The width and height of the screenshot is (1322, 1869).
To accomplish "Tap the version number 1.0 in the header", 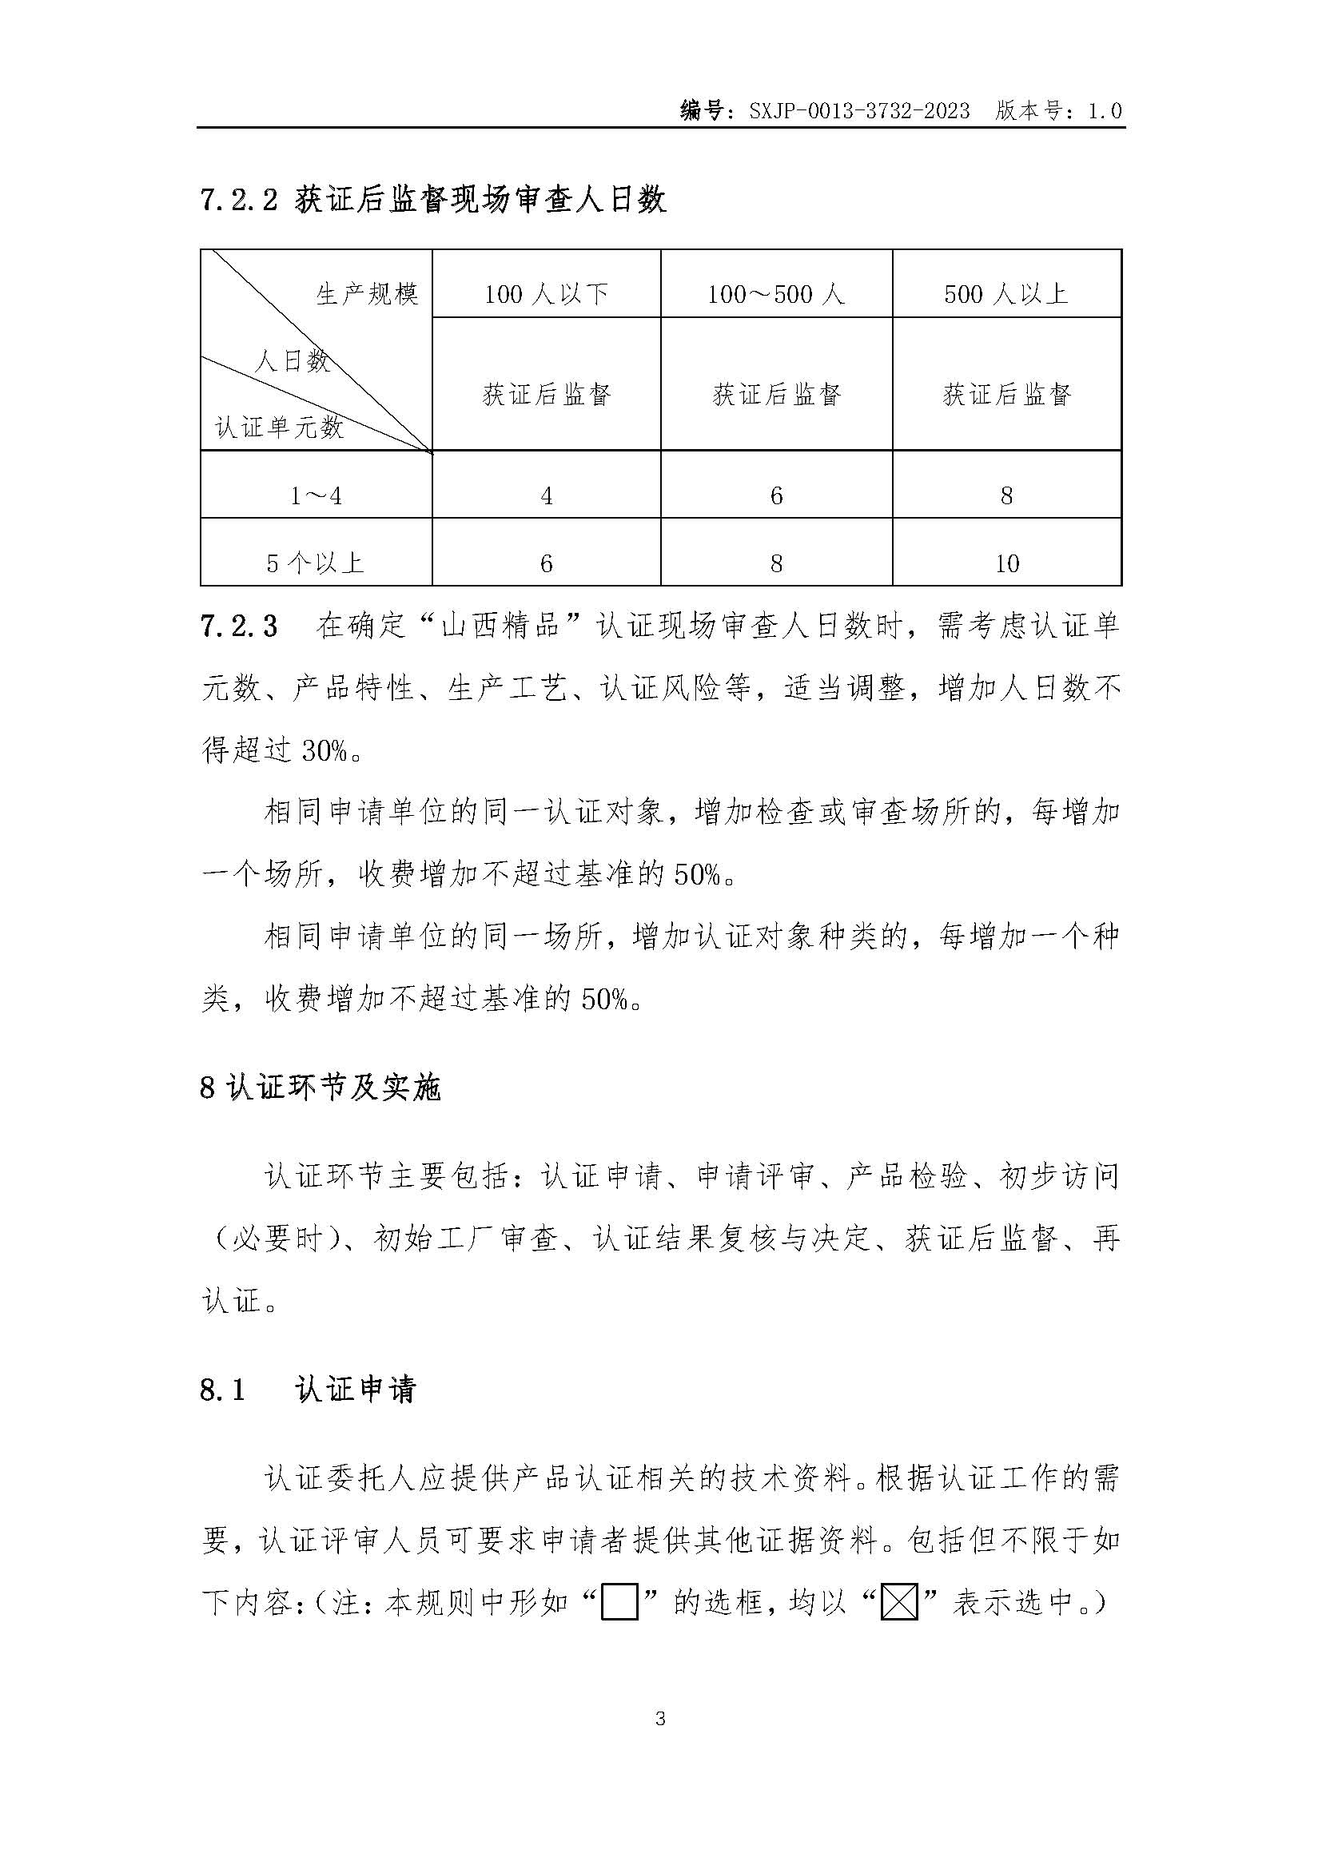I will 1105,111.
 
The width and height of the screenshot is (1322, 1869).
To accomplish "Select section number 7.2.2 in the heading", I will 239,201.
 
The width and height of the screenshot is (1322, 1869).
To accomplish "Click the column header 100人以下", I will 546,294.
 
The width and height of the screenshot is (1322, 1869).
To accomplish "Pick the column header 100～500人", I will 776,294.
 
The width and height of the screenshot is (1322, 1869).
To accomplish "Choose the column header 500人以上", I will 1006,294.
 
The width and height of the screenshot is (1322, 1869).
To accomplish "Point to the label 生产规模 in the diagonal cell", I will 367,294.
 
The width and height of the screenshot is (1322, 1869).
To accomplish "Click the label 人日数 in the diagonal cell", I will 293,360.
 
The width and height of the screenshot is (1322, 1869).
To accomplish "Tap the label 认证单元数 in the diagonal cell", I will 279,427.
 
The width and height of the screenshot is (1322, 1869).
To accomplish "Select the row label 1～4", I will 316,495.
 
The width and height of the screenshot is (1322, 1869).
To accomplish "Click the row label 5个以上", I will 316,563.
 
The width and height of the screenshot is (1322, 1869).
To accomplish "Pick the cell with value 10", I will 1007,563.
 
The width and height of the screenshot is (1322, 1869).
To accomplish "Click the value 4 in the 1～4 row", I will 546,495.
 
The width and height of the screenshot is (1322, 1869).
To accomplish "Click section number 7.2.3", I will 238,626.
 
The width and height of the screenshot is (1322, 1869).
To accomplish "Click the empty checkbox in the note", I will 619,1605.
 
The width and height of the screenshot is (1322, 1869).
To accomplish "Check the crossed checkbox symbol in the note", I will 899,1605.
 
